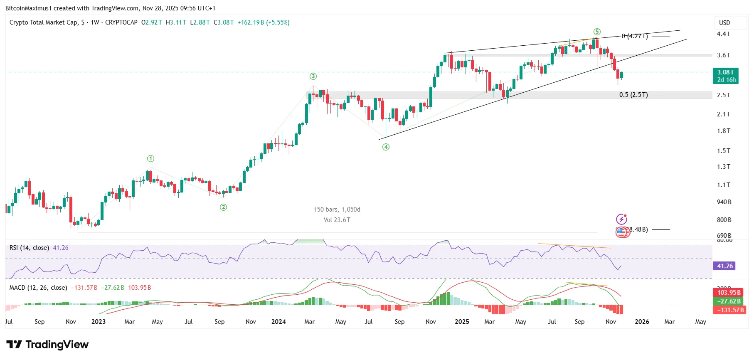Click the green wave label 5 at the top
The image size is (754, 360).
pyautogui.click(x=597, y=32)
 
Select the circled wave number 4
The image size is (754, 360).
pyautogui.click(x=386, y=147)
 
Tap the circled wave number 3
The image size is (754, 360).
pyautogui.click(x=313, y=76)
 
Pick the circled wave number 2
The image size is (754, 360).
pyautogui.click(x=223, y=207)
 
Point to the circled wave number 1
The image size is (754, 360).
pyautogui.click(x=150, y=158)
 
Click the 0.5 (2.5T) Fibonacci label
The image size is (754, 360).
pyautogui.click(x=633, y=95)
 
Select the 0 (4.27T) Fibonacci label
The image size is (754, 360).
pyautogui.click(x=634, y=36)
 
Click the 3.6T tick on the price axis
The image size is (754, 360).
pyautogui.click(x=723, y=55)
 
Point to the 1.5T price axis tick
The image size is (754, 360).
pyautogui.click(x=723, y=150)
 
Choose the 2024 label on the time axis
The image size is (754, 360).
pyautogui.click(x=278, y=321)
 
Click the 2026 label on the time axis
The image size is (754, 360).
pyautogui.click(x=642, y=321)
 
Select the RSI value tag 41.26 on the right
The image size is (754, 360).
pyautogui.click(x=724, y=266)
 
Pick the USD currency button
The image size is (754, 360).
pyautogui.click(x=724, y=23)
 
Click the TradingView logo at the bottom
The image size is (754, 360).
pyautogui.click(x=47, y=344)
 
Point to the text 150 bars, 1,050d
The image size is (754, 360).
pyautogui.click(x=337, y=209)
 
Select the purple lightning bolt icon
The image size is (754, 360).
pyautogui.click(x=621, y=219)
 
